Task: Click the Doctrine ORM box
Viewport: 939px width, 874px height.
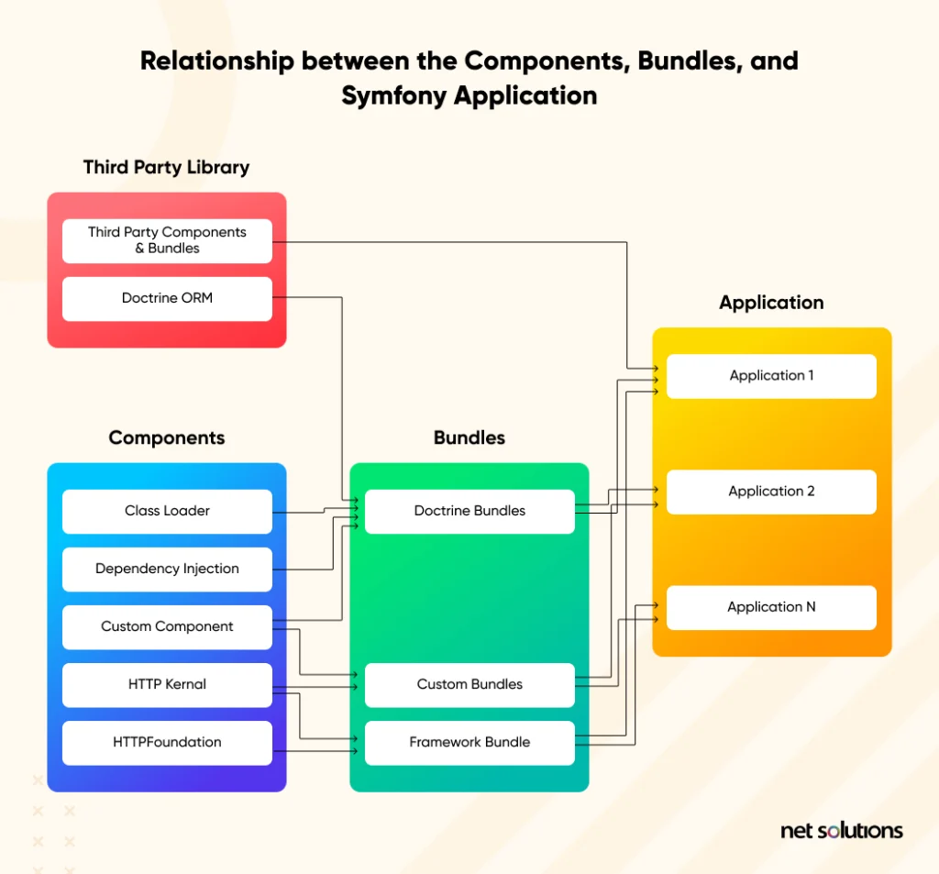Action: point(167,298)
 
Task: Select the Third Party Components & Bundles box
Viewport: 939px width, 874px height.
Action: point(167,240)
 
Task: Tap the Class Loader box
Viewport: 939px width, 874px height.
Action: point(167,511)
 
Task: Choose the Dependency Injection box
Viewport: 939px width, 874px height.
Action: point(167,569)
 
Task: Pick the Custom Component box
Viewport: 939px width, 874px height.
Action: point(167,626)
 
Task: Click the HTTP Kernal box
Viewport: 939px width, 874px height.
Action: point(167,684)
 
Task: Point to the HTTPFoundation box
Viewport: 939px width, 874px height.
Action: point(167,742)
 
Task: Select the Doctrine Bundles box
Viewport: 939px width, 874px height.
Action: point(469,511)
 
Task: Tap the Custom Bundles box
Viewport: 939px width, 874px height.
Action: point(469,684)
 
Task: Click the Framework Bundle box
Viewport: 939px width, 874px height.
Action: point(469,742)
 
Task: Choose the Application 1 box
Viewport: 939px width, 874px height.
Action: point(771,376)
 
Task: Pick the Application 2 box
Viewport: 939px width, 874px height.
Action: point(771,492)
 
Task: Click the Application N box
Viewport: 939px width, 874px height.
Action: point(771,607)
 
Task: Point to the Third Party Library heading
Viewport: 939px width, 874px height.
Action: point(166,167)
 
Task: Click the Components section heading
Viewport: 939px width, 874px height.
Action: point(166,437)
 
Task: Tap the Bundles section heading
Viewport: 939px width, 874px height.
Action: point(469,437)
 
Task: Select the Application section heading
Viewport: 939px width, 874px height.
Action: point(771,303)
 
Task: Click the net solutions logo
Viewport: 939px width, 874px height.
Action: point(841,831)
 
